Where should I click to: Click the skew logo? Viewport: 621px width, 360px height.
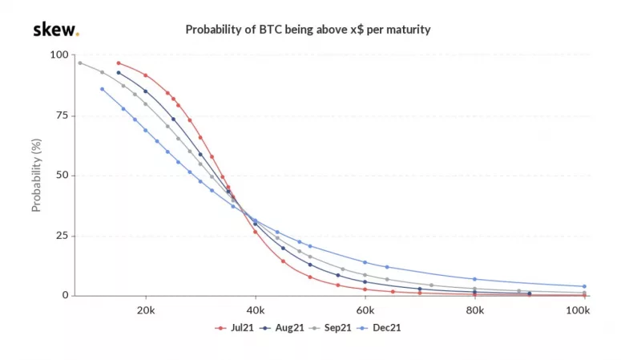tap(55, 30)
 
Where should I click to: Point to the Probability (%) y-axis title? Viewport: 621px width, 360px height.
tap(36, 175)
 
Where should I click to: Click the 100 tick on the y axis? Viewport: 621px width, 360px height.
tap(58, 55)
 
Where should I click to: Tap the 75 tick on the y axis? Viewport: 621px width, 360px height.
tap(62, 115)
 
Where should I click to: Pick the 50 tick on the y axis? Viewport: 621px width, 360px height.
tap(62, 175)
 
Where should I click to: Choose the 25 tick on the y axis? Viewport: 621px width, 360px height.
tap(62, 236)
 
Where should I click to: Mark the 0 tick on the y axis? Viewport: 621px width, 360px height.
tap(65, 296)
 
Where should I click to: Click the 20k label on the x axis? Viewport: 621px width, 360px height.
tap(146, 310)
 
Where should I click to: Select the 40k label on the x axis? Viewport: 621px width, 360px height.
tap(256, 310)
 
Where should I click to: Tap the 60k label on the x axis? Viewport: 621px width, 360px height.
tap(365, 310)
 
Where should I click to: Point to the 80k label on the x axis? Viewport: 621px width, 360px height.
tap(474, 310)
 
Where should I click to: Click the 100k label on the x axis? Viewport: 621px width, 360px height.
tap(581, 310)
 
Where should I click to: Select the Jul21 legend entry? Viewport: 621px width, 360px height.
tap(234, 328)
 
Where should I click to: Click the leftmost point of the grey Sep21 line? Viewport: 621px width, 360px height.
tap(79, 63)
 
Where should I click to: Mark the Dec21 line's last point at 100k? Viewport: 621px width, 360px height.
tap(584, 286)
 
